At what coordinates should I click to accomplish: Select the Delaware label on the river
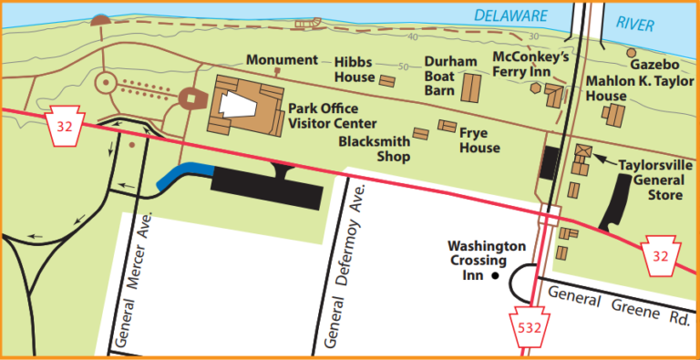pos(510,15)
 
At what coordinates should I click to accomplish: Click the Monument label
pos(283,60)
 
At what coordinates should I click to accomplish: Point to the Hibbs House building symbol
pos(386,81)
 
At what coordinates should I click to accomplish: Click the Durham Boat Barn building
pos(472,88)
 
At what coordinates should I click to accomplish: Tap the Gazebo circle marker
pos(631,52)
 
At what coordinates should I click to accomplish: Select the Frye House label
pos(479,139)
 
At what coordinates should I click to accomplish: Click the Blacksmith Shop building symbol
pos(420,133)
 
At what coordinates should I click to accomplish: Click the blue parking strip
pos(182,175)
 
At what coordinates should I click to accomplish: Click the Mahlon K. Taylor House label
pos(633,87)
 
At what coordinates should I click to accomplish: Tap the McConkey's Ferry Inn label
pos(530,64)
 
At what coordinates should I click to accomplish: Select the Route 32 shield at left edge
pos(64,127)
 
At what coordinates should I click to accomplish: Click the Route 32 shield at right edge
pos(660,252)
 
